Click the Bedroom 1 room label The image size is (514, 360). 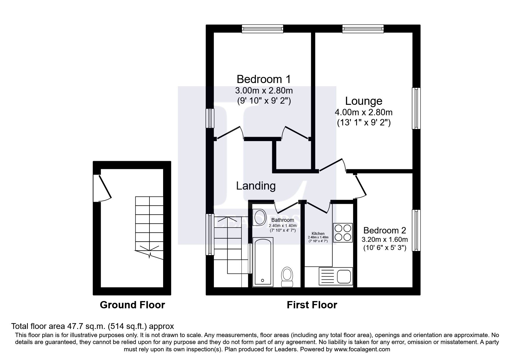coord(264,79)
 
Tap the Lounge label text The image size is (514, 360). coord(363,101)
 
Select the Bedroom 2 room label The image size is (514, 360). coord(384,230)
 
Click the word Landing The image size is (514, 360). coord(255,186)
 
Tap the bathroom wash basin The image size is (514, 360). coord(260,217)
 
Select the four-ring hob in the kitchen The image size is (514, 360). coord(342,233)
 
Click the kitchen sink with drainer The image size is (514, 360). coord(336,276)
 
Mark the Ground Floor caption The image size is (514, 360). coord(132,305)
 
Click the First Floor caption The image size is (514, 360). coord(312,305)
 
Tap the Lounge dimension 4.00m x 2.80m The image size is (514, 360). coord(363,112)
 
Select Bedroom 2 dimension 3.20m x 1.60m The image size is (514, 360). coord(384,240)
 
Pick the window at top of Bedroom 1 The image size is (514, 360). coord(263,28)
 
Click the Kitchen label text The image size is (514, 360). coord(318,233)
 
